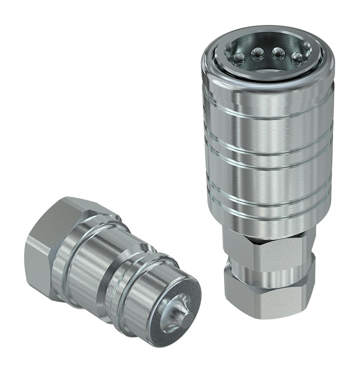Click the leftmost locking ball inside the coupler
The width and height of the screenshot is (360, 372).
tap(239, 58)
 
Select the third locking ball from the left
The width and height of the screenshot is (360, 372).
tap(279, 54)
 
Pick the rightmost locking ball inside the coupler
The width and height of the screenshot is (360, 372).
tap(297, 57)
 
